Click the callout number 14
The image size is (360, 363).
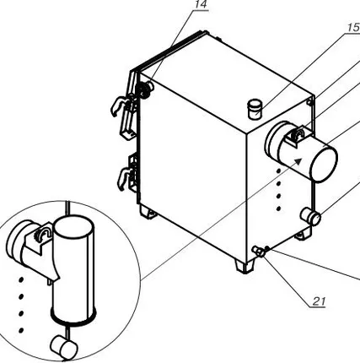201,4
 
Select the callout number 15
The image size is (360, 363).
354,27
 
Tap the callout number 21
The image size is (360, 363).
319,301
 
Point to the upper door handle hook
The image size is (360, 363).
119,106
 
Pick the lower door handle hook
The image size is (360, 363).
124,178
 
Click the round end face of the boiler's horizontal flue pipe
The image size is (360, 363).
323,165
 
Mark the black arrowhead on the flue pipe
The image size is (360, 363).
298,161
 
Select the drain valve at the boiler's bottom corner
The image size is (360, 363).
259,251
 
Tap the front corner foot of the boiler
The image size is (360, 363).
244,266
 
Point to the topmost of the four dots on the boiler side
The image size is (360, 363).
279,171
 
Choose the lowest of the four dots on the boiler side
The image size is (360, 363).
279,209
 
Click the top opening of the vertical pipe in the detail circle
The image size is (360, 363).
73,227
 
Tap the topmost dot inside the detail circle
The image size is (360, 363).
20,279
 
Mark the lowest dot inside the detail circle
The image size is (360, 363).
20,330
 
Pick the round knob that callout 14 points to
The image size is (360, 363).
144,89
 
